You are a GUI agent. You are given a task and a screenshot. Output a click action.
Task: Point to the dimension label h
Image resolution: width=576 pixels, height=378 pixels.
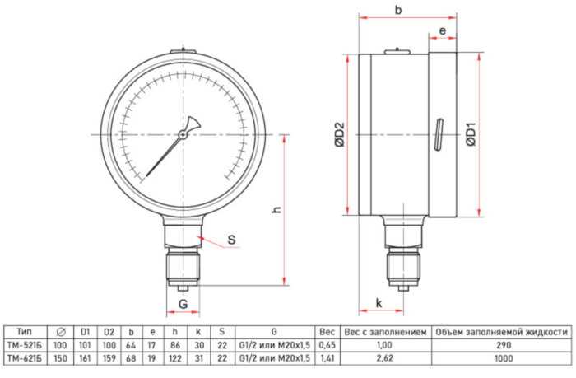pyautogui.click(x=276, y=212)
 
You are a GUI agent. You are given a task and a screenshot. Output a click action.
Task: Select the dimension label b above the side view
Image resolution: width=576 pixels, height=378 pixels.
pyautogui.click(x=398, y=11)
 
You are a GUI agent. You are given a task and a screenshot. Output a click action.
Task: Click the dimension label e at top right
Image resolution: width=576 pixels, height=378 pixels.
pyautogui.click(x=443, y=30)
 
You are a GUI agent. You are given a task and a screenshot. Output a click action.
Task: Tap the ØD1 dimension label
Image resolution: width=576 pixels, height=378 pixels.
pyautogui.click(x=471, y=133)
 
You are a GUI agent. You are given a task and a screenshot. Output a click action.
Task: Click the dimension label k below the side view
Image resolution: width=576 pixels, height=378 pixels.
pyautogui.click(x=379, y=303)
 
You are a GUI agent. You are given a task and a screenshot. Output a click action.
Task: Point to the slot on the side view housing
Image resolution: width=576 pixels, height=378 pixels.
pyautogui.click(x=439, y=135)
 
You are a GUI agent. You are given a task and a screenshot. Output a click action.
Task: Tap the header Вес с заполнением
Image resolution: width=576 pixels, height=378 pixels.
pyautogui.click(x=385, y=332)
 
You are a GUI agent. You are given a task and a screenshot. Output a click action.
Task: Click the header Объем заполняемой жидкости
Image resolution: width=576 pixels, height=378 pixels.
pyautogui.click(x=501, y=332)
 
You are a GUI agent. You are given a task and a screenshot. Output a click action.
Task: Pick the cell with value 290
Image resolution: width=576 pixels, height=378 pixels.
pyautogui.click(x=501, y=345)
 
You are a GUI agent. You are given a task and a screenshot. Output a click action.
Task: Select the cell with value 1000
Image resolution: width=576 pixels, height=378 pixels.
pyautogui.click(x=501, y=358)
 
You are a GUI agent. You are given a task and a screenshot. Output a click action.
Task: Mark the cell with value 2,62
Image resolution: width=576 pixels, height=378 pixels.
pyautogui.click(x=385, y=358)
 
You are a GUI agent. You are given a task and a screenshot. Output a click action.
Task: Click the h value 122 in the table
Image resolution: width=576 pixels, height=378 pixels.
pyautogui.click(x=174, y=358)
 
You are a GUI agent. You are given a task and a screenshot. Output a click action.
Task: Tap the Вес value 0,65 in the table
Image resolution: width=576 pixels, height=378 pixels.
pyautogui.click(x=327, y=345)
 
